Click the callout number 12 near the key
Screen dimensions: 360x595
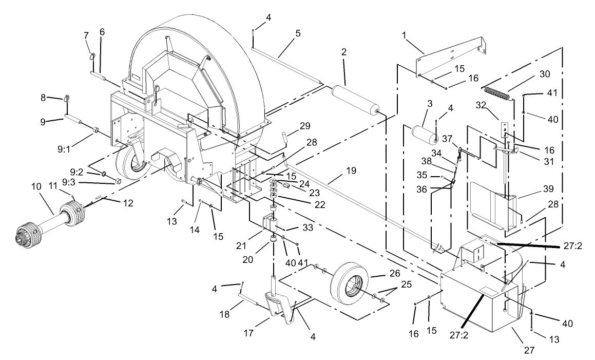pyautogui.click(x=128, y=203)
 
